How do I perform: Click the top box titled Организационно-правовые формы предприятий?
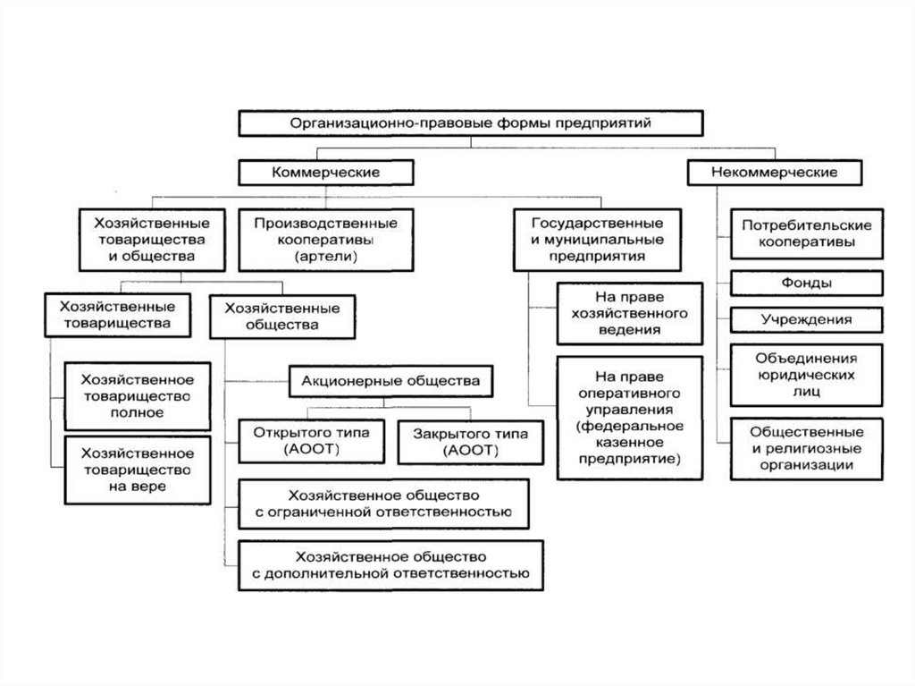tap(470, 123)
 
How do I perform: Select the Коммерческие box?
tap(325, 173)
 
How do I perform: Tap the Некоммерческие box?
tap(775, 173)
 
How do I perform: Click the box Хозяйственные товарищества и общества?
tap(152, 240)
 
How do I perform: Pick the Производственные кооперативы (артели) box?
tap(325, 240)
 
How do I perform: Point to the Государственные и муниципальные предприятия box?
tap(597, 240)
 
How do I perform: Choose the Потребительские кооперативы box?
tap(807, 233)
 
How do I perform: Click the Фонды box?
tap(807, 284)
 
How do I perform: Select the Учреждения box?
tap(807, 319)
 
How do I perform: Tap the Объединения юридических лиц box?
tap(807, 375)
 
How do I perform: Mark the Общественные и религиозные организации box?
tap(807, 449)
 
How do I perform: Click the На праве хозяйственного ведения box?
tap(630, 314)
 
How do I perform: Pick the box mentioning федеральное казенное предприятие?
tap(630, 418)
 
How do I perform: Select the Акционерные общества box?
tap(390, 382)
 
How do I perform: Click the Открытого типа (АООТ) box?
tap(311, 442)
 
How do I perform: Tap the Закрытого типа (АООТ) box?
tap(470, 443)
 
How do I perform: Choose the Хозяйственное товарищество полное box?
tap(137, 396)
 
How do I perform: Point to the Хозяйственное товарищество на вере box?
tap(137, 470)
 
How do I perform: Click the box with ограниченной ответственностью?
tap(383, 504)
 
